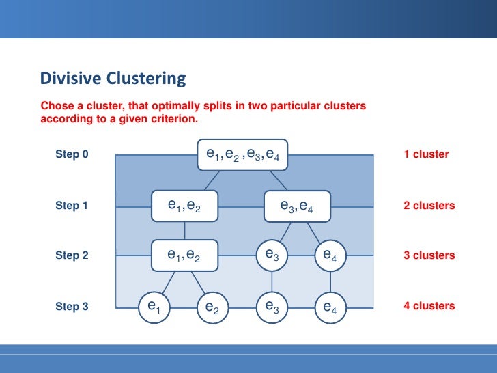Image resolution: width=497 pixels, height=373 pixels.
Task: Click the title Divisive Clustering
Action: [113, 79]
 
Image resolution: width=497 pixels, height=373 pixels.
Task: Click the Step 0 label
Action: [72, 154]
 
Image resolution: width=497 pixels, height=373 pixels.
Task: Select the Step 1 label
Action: [72, 205]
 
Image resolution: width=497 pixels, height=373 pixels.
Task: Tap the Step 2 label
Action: [72, 255]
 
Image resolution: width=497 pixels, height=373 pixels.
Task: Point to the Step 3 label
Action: [72, 307]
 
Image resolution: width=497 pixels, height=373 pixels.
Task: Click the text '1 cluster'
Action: [426, 154]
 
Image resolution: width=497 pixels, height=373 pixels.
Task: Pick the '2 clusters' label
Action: [429, 205]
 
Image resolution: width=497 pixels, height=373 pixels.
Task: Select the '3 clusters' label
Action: [429, 255]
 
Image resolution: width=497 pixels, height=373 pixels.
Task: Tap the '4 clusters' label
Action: [429, 306]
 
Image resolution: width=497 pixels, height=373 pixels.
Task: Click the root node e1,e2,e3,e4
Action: [243, 155]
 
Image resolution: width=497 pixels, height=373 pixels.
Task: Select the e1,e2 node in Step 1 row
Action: [184, 205]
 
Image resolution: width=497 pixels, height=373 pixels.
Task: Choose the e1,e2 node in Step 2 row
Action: [184, 255]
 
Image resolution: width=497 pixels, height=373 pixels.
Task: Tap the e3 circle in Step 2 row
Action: [272, 255]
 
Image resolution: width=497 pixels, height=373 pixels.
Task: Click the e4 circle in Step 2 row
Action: [330, 255]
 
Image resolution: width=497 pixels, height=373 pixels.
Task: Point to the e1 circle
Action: [154, 307]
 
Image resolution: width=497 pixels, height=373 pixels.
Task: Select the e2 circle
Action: [212, 307]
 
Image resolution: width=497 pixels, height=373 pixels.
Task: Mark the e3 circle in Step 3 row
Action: [272, 307]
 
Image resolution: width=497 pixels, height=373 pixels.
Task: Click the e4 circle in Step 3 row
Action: [330, 307]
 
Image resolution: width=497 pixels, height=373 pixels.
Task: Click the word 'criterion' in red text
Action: [173, 118]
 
